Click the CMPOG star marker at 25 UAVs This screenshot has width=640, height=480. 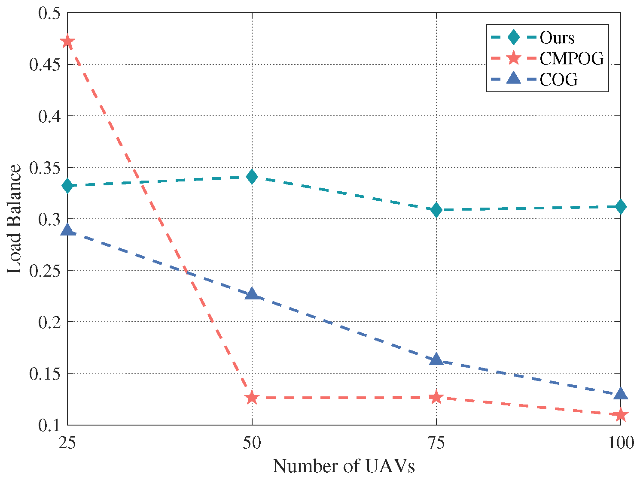tap(67, 42)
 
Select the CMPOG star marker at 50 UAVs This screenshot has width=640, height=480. tap(252, 398)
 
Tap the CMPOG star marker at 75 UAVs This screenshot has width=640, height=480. tap(436, 397)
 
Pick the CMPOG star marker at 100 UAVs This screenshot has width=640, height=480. tap(621, 415)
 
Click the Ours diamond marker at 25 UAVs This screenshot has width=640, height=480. tap(67, 186)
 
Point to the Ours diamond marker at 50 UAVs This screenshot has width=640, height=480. tap(252, 176)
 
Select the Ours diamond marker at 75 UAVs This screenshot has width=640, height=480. tap(436, 210)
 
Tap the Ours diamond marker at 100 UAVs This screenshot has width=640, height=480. tap(621, 207)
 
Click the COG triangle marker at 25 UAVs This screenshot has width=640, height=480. tap(67, 230)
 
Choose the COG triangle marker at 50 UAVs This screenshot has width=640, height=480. tap(252, 294)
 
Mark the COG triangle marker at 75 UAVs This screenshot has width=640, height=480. tap(436, 359)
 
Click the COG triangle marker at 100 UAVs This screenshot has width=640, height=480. tap(621, 394)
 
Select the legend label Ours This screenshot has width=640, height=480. tap(557, 38)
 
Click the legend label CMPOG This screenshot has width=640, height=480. tap(572, 58)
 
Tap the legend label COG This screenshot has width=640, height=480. tap(559, 79)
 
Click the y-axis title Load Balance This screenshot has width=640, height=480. tap(14, 219)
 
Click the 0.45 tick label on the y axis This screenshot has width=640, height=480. tap(45, 65)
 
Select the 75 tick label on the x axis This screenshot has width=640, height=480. tap(436, 442)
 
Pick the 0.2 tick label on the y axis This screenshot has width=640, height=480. tap(50, 322)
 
